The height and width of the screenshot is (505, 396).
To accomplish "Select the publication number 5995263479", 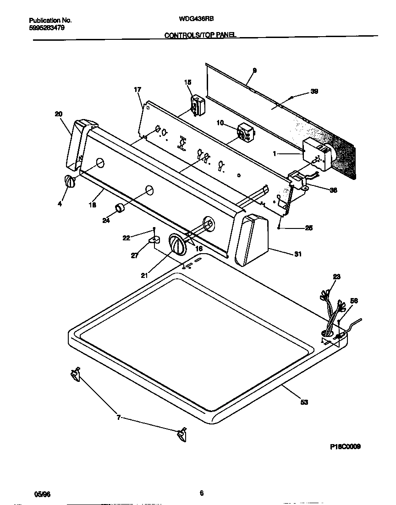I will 46,27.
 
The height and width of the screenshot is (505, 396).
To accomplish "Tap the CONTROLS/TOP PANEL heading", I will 200,35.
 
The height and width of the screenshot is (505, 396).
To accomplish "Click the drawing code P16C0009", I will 345,447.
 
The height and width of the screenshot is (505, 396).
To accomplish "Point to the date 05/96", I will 42,494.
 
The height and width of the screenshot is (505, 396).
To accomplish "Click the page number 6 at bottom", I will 201,493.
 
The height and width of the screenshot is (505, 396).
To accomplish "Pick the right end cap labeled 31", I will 252,240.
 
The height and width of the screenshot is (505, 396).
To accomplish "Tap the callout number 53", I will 304,402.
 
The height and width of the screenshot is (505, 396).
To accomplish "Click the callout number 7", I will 119,418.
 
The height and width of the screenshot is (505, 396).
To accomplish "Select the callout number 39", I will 314,91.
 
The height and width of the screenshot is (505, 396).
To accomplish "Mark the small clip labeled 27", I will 154,239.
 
